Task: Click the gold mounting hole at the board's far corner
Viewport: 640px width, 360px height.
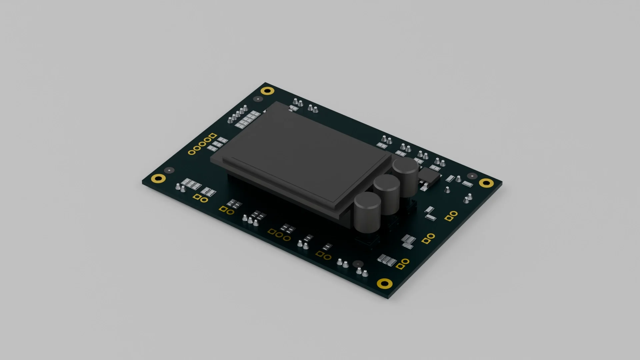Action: click(267, 91)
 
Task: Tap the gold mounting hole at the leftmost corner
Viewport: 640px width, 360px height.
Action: click(158, 178)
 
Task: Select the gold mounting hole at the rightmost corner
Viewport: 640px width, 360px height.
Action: click(486, 182)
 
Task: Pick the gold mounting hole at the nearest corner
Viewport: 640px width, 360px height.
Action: click(384, 283)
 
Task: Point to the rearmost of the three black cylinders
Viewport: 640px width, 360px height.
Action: click(405, 165)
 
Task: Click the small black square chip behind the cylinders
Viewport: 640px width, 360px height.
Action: click(429, 175)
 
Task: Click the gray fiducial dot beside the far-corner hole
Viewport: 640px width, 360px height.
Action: click(258, 99)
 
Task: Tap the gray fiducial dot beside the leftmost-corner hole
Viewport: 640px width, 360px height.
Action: click(169, 170)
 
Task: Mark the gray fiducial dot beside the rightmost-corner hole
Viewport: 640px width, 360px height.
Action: click(472, 176)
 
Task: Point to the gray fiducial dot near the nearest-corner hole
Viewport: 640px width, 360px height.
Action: click(358, 263)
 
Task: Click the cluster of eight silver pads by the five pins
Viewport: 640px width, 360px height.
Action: click(247, 119)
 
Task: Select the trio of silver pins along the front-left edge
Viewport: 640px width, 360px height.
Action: click(250, 220)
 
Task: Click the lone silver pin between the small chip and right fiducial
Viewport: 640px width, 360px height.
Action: click(447, 190)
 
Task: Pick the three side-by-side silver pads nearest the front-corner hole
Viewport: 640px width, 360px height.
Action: click(387, 260)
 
